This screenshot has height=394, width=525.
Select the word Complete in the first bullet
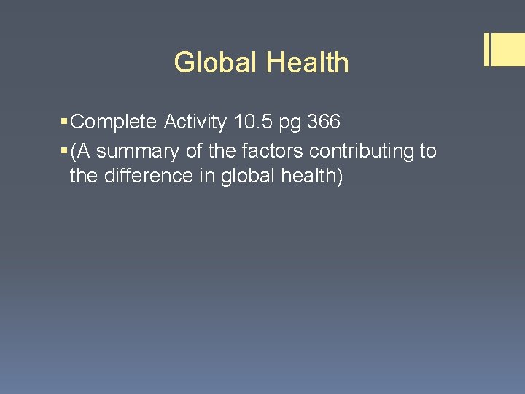click(x=114, y=122)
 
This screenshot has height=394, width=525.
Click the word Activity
click(x=195, y=122)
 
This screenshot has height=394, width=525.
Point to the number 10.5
click(x=254, y=122)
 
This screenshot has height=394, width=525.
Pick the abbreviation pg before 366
click(x=292, y=123)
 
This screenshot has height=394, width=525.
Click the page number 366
click(x=324, y=122)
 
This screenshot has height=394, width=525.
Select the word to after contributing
click(x=428, y=152)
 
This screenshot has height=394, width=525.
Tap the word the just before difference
click(x=85, y=176)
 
